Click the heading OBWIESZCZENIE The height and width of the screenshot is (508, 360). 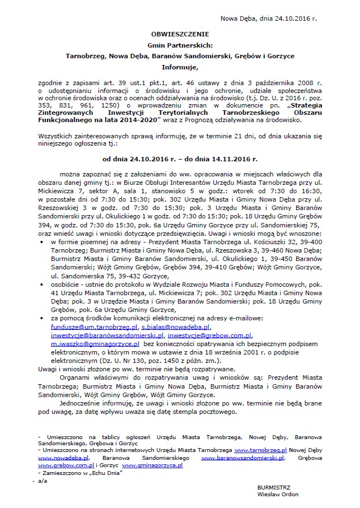click(x=180, y=34)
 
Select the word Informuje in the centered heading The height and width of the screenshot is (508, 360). click(x=180, y=67)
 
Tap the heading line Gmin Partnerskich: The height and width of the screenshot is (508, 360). click(x=180, y=45)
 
